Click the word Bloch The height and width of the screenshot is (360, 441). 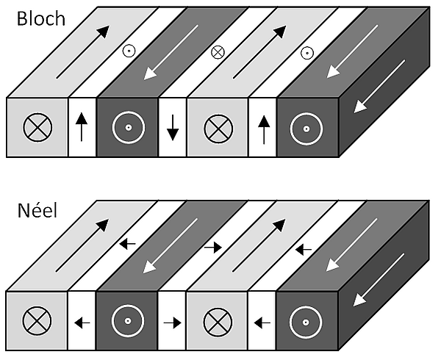pyautogui.click(x=41, y=18)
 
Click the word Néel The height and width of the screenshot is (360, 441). pyautogui.click(x=37, y=211)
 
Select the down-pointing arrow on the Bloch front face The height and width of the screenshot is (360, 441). pyautogui.click(x=173, y=127)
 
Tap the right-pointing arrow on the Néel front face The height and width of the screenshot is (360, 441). pyautogui.click(x=173, y=323)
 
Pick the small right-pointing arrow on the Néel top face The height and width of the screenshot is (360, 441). pyautogui.click(x=213, y=248)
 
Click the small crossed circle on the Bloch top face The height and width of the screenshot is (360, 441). pyautogui.click(x=218, y=52)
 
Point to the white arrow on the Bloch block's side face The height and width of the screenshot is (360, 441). pyautogui.click(x=379, y=87)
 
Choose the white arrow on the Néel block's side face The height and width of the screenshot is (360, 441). pyautogui.click(x=379, y=280)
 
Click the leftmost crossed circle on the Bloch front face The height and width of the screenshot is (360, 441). pyautogui.click(x=37, y=127)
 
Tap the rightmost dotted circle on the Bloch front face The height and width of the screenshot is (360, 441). pyautogui.click(x=306, y=129)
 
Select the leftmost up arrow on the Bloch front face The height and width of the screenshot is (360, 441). pyautogui.click(x=82, y=127)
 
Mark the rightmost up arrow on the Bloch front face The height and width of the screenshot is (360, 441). pyautogui.click(x=264, y=129)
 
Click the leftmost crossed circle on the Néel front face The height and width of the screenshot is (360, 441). pyautogui.click(x=37, y=321)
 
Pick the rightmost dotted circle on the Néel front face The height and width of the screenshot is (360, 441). pyautogui.click(x=306, y=323)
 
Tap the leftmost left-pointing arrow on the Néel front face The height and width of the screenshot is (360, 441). pyautogui.click(x=82, y=323)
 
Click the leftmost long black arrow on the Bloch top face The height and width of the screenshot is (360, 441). pyautogui.click(x=82, y=52)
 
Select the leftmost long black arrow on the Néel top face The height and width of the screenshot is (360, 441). pyautogui.click(x=82, y=245)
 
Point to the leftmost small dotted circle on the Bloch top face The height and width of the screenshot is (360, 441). pyautogui.click(x=129, y=51)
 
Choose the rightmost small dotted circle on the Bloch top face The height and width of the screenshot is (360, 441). pyautogui.click(x=307, y=53)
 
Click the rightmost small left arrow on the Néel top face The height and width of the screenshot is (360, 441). pyautogui.click(x=303, y=250)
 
